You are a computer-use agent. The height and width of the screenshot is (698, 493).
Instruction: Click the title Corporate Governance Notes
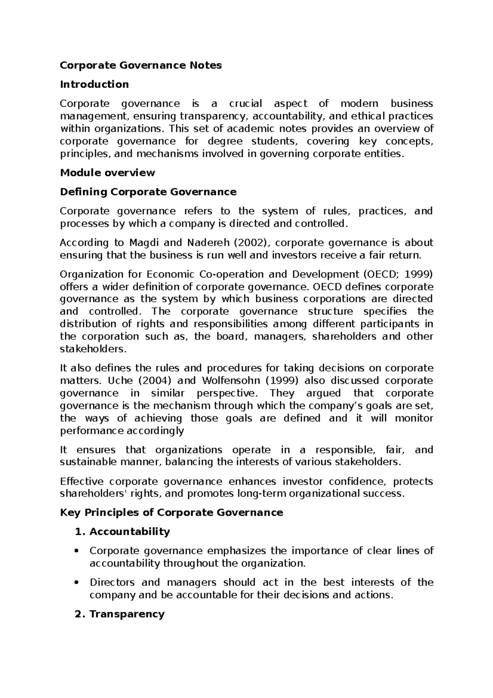click(x=141, y=65)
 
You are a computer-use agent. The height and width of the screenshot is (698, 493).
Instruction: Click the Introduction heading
click(x=94, y=84)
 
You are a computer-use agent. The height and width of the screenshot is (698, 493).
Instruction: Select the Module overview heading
click(x=107, y=173)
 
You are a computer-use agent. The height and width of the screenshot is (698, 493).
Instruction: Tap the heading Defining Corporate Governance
click(x=148, y=192)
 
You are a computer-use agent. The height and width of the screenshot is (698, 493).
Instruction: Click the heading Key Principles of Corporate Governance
click(x=171, y=513)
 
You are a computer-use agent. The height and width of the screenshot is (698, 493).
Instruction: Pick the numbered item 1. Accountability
click(x=122, y=532)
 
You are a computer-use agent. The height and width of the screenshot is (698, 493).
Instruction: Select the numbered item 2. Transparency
click(x=120, y=614)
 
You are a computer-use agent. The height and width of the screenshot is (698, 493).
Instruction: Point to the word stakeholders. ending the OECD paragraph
click(x=94, y=349)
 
